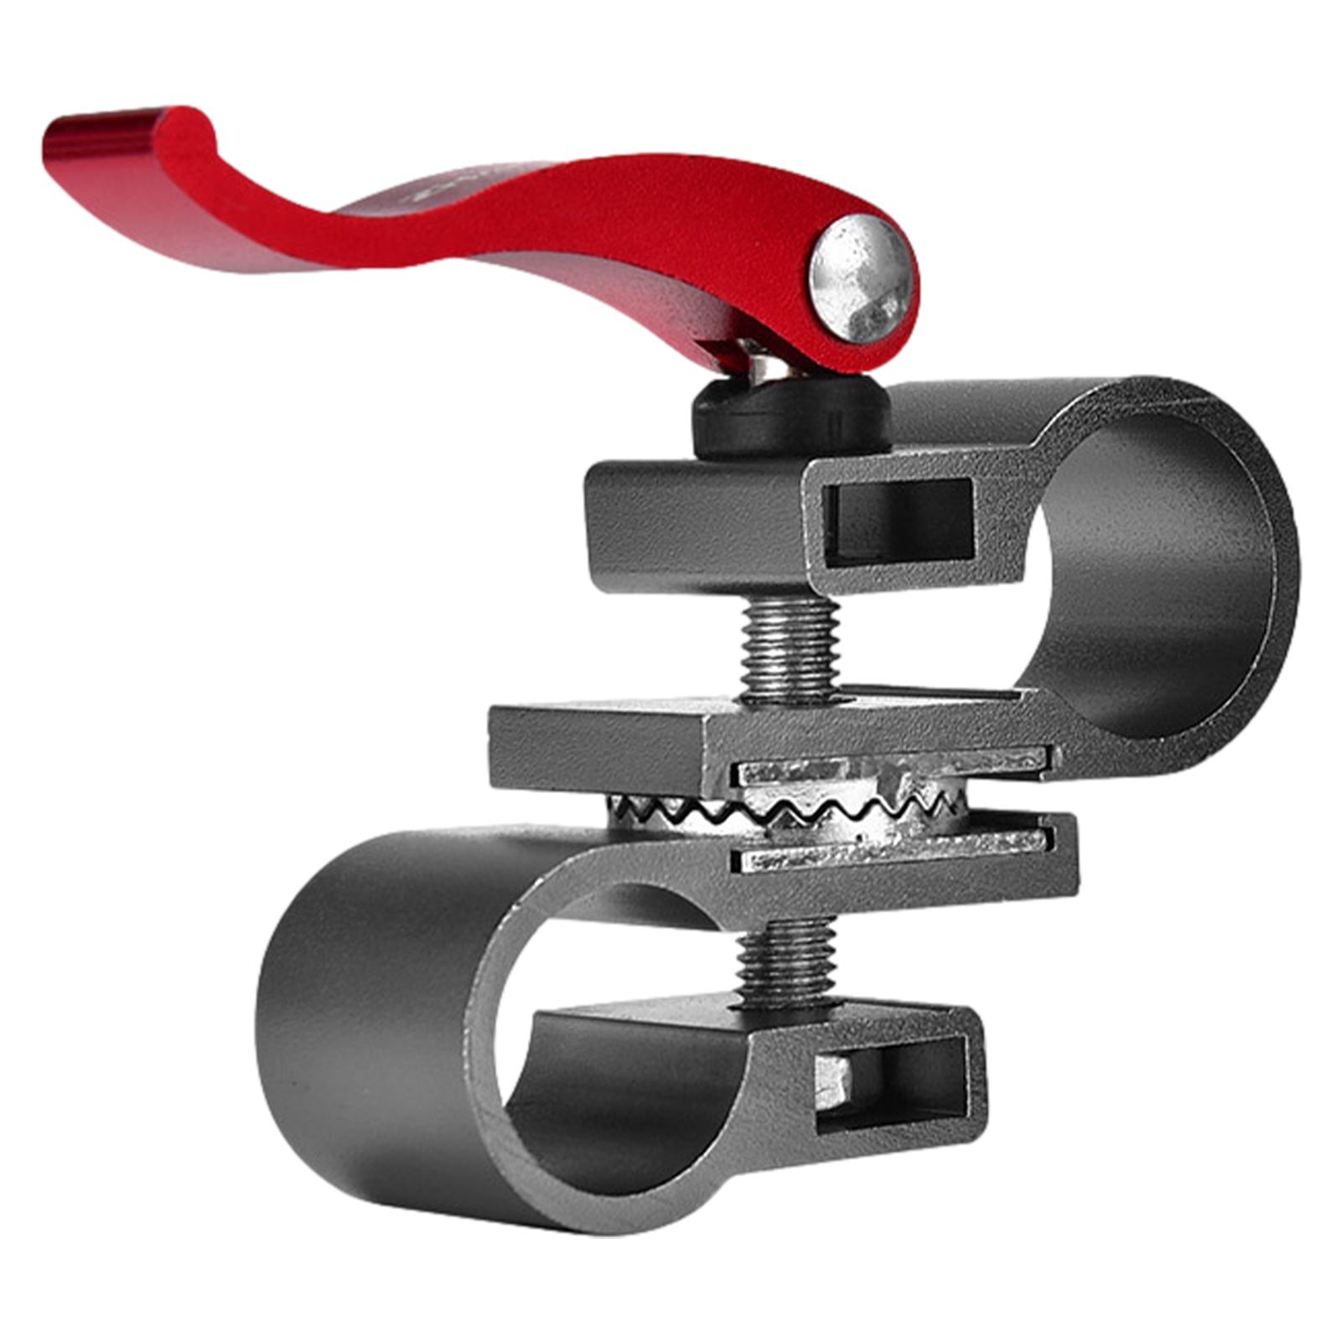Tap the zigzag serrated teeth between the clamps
788,809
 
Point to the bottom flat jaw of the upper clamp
604,738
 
